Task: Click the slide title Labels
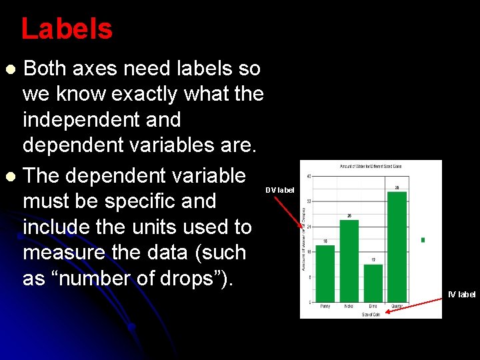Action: click(x=67, y=29)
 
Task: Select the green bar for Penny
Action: click(x=325, y=273)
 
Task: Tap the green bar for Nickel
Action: click(x=349, y=261)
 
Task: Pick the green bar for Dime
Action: click(x=373, y=283)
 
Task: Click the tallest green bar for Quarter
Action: click(x=397, y=247)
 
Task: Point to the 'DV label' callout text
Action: click(x=279, y=191)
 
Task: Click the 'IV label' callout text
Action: click(x=462, y=295)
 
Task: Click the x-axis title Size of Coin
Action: click(x=371, y=314)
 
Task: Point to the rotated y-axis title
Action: click(x=303, y=237)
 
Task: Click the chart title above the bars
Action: click(x=371, y=165)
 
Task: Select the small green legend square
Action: click(x=423, y=240)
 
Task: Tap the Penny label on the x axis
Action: click(x=325, y=307)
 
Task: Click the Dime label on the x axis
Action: click(x=373, y=307)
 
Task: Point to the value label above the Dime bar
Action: click(x=373, y=259)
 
